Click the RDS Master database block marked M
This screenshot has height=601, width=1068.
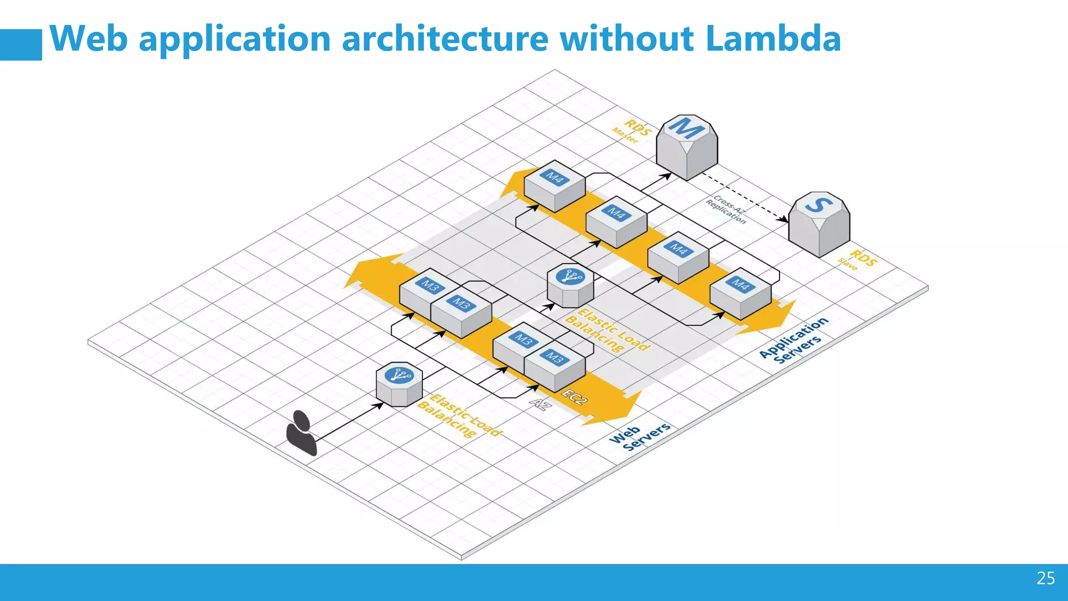pos(687,148)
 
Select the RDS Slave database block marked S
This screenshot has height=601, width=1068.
pos(819,224)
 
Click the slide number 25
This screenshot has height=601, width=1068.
pos(1046,578)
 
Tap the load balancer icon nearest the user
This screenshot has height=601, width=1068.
pos(399,384)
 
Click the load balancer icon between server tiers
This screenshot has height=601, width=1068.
pos(571,286)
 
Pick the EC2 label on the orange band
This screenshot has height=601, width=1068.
pos(574,396)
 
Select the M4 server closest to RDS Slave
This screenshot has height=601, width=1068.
pos(741,293)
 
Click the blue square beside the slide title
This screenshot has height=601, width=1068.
pos(21,45)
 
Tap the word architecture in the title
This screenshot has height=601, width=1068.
pos(445,39)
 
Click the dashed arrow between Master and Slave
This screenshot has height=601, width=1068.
pos(746,198)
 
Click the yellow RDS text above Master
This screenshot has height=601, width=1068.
pos(637,127)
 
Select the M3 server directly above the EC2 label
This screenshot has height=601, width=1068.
pos(554,365)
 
